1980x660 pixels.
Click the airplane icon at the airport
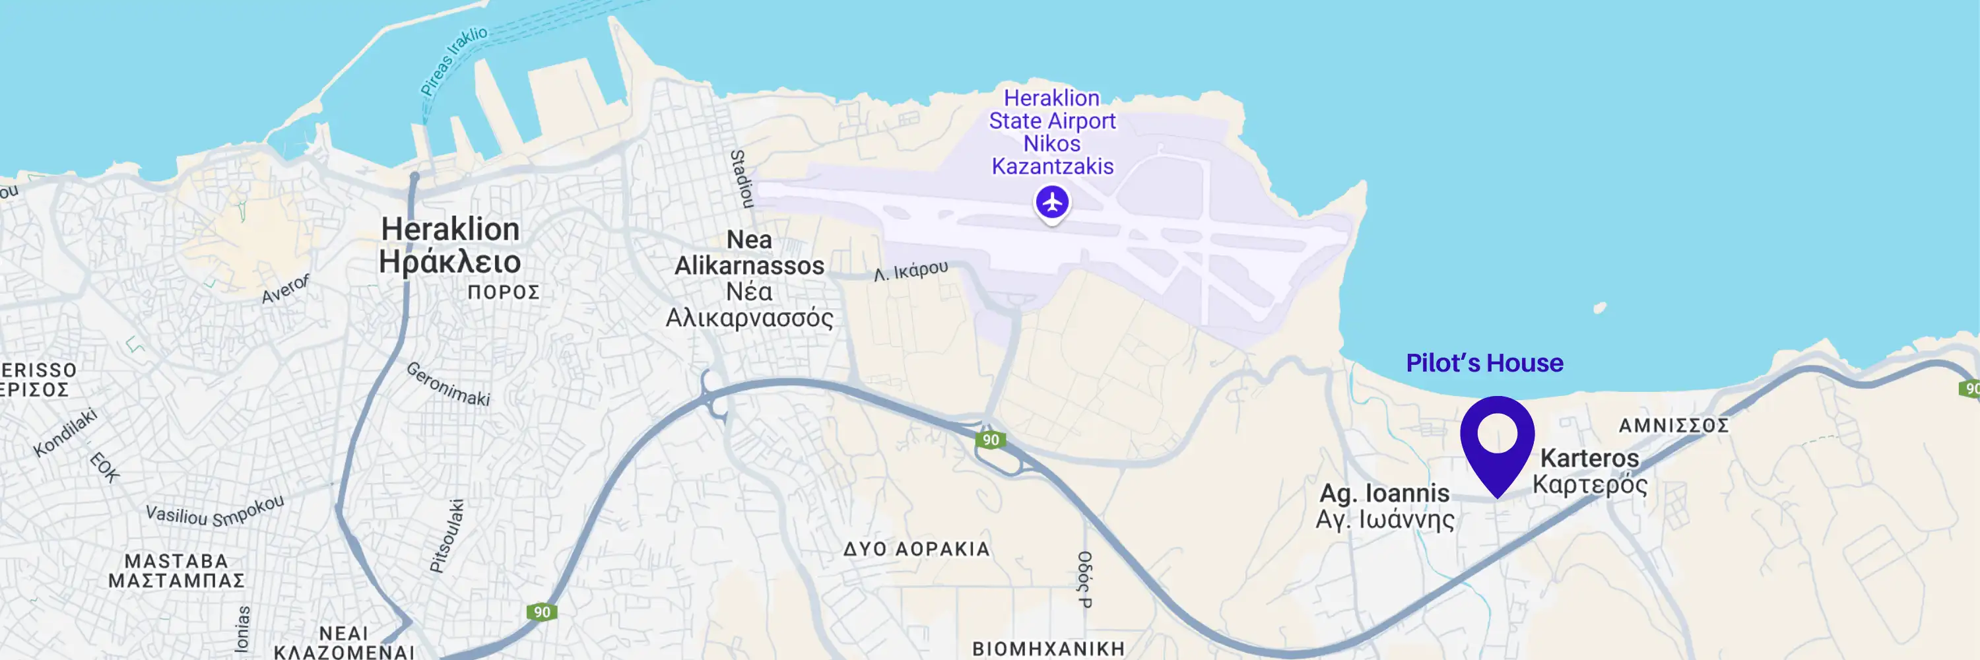[x=1051, y=203]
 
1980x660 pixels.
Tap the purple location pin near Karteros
[x=1496, y=439]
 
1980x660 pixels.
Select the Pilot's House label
[x=1484, y=362]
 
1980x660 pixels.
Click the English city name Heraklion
[x=450, y=229]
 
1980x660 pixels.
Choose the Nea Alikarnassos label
[x=749, y=253]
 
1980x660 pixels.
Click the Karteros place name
[x=1589, y=458]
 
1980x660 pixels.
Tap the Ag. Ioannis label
[x=1384, y=492]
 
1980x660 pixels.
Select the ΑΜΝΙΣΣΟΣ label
[x=1673, y=426]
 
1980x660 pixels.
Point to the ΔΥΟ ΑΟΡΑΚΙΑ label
[x=916, y=549]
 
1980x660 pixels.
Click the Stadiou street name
[x=741, y=179]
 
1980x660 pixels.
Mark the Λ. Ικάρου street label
[x=911, y=271]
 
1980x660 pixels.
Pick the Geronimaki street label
[x=448, y=383]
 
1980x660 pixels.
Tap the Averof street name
[x=285, y=289]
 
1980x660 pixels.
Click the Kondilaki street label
[x=65, y=432]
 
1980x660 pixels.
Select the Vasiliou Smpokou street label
[x=214, y=511]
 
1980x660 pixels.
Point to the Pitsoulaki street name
[x=447, y=537]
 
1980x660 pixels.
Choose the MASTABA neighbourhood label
[x=176, y=561]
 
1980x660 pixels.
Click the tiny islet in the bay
[x=1600, y=308]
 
